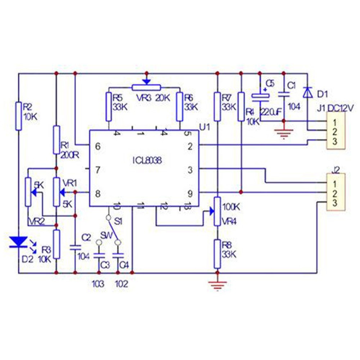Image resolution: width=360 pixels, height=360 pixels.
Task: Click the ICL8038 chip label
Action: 146,161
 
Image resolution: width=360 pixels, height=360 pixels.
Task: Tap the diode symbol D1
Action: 307,92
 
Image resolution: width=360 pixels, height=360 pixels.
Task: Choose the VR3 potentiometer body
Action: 146,87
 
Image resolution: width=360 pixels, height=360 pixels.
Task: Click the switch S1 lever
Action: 113,230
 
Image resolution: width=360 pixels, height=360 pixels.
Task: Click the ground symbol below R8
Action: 217,284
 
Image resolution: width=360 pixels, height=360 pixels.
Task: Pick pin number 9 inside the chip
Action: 190,193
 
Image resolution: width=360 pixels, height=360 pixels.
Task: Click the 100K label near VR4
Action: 231,207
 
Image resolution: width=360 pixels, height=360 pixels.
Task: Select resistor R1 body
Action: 56,140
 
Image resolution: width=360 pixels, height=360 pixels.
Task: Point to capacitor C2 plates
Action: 75,247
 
